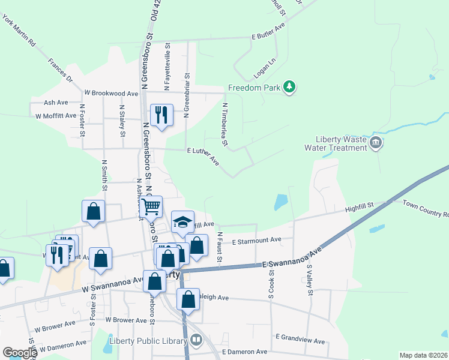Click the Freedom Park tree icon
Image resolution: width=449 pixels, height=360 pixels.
coord(290,88)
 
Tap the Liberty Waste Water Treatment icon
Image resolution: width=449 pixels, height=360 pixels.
coord(376,143)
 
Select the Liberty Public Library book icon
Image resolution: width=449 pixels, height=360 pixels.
coord(196,341)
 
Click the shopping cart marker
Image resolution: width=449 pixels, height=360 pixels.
coord(152,206)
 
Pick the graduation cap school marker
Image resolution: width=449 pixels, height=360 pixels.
coord(182,223)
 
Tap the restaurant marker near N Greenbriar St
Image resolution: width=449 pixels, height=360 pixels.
coord(161,115)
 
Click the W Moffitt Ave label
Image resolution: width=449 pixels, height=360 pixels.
coord(56,116)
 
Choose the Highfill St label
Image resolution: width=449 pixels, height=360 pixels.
coord(359,207)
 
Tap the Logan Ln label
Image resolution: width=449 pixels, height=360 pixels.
coord(264,68)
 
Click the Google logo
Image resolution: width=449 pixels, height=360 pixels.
coord(20,352)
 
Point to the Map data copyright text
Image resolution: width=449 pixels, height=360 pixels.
coord(423,355)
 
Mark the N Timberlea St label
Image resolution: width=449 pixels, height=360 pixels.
coord(225,124)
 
